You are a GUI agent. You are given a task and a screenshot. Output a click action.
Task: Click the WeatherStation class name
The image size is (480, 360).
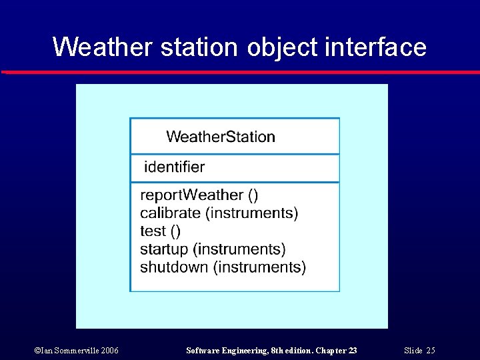220,137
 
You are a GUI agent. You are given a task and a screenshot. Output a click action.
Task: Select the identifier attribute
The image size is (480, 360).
175,167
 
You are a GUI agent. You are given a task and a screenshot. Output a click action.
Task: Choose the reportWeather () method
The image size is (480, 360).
199,195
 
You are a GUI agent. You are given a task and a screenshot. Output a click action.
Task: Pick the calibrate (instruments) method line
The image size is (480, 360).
219,213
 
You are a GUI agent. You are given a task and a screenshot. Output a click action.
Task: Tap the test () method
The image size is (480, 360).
160,231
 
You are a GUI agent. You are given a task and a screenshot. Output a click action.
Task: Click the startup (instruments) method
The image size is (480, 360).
213,249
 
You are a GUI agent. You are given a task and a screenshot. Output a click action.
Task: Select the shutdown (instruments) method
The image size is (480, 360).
223,267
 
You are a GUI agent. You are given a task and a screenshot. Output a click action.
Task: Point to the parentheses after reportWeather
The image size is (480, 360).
253,195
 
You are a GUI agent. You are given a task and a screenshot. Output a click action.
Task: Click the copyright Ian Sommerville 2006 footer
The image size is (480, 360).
76,351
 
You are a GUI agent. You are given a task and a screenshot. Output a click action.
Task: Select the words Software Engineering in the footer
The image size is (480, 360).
219,351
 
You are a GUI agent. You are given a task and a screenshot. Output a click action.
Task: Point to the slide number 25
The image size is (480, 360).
431,351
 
